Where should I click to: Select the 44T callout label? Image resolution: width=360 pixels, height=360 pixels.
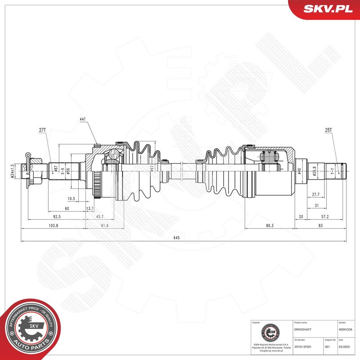click(x=82, y=119)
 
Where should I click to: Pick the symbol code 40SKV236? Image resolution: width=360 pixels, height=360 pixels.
click(x=346, y=329)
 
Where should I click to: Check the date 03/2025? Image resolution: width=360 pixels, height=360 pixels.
click(x=344, y=347)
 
